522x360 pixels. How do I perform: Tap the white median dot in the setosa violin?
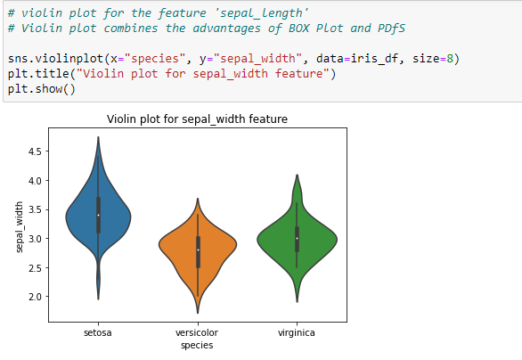98,215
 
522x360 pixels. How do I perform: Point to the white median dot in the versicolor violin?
198,250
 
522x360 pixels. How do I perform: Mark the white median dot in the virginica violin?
297,238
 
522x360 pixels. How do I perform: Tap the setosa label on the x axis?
98,332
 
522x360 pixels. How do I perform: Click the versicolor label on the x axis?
197,332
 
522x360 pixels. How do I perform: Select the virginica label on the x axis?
297,332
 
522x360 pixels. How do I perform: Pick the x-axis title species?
197,344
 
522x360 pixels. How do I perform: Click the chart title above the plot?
197,118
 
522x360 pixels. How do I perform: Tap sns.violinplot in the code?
52,58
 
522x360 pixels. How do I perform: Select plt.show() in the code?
42,88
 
